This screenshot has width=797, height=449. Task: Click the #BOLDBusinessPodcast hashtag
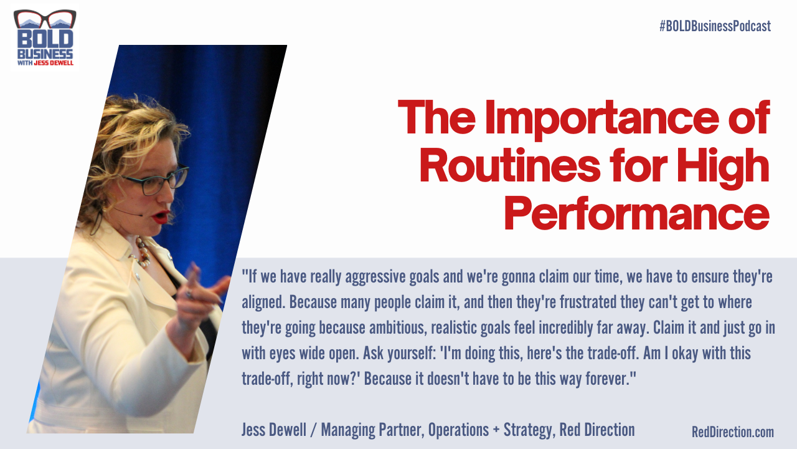[715, 26]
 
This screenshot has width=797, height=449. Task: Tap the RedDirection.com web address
[732, 432]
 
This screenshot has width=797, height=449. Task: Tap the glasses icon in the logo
[45, 19]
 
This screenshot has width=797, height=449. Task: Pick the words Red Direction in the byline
[597, 430]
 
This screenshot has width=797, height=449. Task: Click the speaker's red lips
[161, 218]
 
